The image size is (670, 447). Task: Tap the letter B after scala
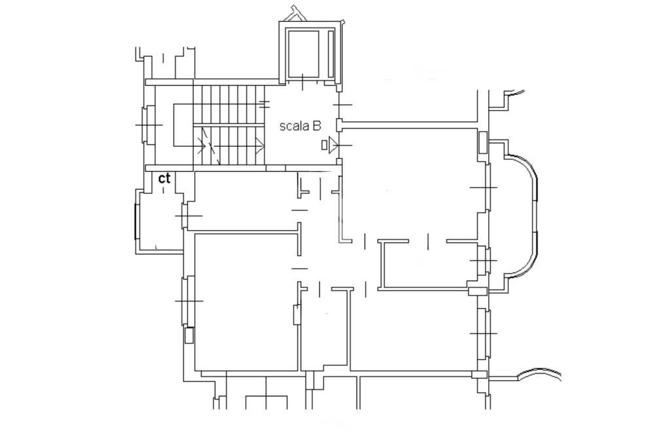coord(317,126)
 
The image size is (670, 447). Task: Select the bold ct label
coord(164,178)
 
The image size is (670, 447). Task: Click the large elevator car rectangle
coord(302,54)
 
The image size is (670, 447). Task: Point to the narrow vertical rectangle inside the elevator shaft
coord(330,54)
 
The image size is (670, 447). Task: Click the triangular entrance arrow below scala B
coord(333,145)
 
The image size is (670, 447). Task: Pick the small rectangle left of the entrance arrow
coord(325,145)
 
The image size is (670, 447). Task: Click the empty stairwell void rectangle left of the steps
coord(183,125)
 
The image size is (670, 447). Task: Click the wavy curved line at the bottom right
coord(538,374)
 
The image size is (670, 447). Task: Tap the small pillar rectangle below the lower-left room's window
coord(189,336)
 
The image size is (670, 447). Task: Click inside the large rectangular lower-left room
coord(246,302)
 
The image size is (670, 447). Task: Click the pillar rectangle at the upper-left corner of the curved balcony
coord(482,143)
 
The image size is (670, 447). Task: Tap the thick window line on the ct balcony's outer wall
coord(136,222)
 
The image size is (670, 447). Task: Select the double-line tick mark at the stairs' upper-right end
coord(265,104)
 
